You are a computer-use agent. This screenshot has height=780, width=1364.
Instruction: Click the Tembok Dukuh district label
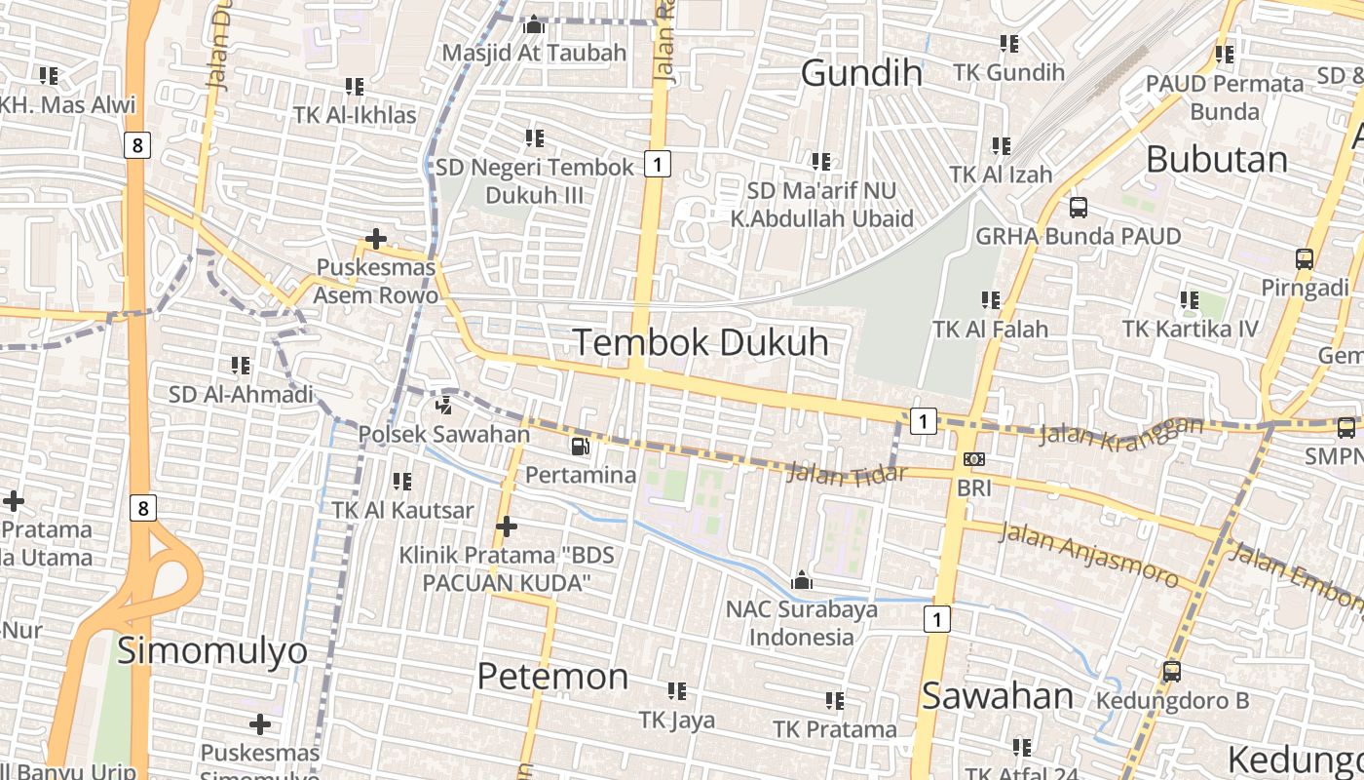(x=701, y=342)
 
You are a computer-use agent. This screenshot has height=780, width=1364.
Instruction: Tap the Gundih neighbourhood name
(x=861, y=72)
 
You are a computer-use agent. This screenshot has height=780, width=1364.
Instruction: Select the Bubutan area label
(x=1216, y=159)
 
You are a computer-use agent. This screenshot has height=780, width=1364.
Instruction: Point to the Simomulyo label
(x=212, y=650)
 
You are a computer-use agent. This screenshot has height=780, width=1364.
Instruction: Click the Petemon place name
(x=552, y=677)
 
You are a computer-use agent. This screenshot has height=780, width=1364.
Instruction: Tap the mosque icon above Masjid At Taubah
(x=534, y=23)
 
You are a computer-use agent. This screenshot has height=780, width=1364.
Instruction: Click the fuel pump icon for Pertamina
(x=580, y=447)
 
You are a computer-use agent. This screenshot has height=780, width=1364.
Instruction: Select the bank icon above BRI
(x=973, y=459)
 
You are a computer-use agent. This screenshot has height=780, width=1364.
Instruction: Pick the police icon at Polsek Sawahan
(x=444, y=405)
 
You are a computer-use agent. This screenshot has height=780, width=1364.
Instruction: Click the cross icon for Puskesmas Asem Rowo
(x=375, y=238)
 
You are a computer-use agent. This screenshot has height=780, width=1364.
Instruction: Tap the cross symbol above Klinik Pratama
(x=507, y=526)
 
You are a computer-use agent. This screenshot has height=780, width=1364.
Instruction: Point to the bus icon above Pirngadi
(x=1305, y=259)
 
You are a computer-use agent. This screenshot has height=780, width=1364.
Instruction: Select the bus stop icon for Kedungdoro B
(x=1172, y=672)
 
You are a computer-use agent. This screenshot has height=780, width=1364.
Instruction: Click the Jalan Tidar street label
(x=847, y=473)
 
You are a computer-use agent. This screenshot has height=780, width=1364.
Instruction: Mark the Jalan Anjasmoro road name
(x=1088, y=554)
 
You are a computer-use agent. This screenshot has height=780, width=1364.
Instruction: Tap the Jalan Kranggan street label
(x=1120, y=432)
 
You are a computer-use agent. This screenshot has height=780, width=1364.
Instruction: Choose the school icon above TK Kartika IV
(x=1190, y=300)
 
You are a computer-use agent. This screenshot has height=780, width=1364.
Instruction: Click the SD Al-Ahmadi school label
(x=241, y=395)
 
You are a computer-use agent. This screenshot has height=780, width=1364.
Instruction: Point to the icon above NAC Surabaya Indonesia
(x=802, y=581)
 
